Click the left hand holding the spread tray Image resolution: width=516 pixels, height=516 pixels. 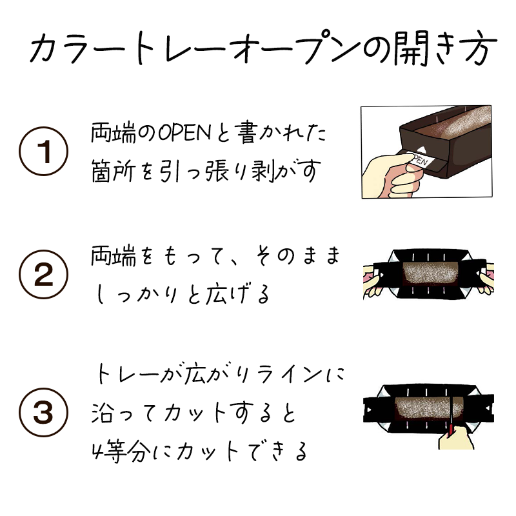point(373,279)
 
